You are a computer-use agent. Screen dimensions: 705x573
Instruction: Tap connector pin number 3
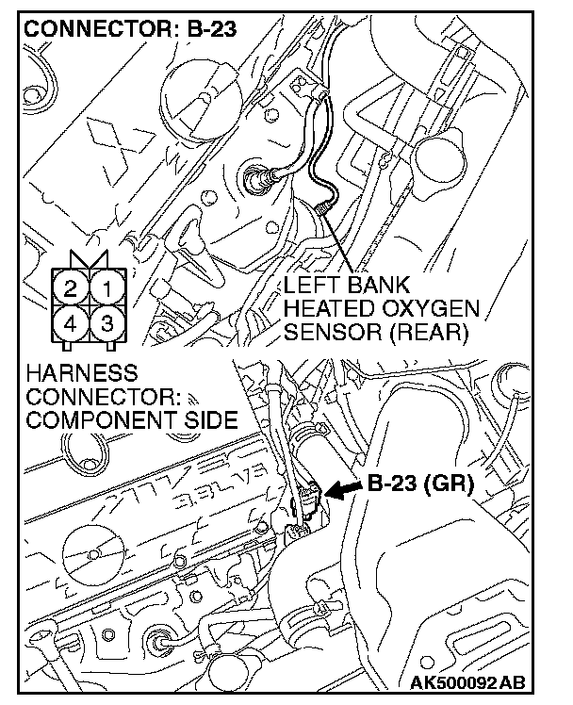coord(108,323)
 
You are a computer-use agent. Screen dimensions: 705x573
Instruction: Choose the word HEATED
coord(328,308)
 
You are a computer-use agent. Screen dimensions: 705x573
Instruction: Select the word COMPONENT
coord(93,419)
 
